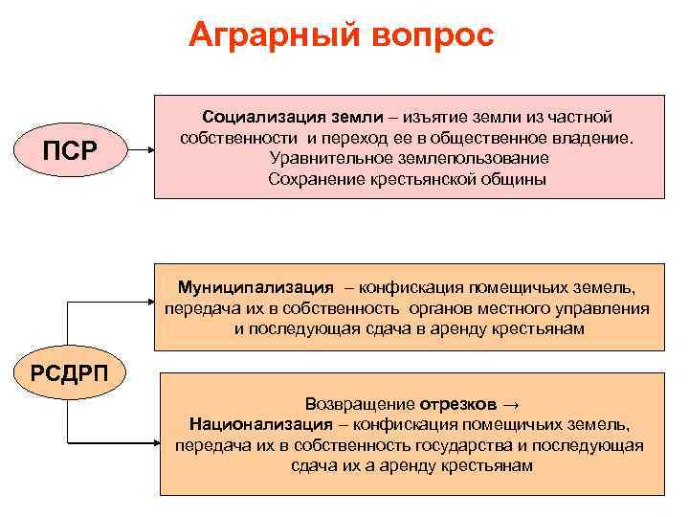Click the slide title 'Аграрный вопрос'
(x=342, y=35)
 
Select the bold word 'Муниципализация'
(x=256, y=286)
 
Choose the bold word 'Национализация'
(x=267, y=424)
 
